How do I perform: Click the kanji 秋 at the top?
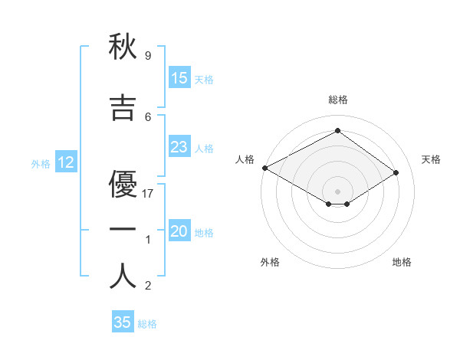[123, 47]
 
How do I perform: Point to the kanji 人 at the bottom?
[123, 276]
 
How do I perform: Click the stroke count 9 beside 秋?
[148, 56]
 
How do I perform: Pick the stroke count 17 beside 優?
[149, 193]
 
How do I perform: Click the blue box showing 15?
[179, 78]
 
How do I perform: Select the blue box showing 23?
[179, 147]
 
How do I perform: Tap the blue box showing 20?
[179, 232]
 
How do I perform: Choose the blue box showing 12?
[66, 162]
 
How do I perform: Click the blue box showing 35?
[123, 322]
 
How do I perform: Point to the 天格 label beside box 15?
[204, 79]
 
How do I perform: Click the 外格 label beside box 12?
[41, 163]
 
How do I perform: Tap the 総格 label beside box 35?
[147, 324]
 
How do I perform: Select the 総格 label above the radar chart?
[337, 100]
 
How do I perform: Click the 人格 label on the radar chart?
[245, 159]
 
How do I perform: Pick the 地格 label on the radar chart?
[402, 262]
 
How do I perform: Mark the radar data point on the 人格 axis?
[264, 167]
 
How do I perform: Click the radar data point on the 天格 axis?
[396, 172]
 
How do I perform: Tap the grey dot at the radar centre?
[337, 191]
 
